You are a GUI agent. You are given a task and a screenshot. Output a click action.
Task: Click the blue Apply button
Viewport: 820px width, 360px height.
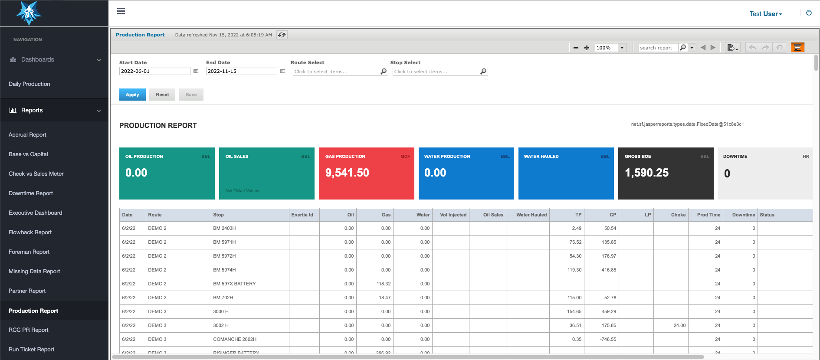pyautogui.click(x=132, y=95)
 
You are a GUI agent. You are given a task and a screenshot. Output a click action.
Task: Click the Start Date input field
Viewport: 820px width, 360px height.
pyautogui.click(x=154, y=71)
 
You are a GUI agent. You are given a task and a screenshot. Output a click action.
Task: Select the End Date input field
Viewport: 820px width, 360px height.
pyautogui.click(x=241, y=71)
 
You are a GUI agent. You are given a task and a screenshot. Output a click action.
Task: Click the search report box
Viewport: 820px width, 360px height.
pyautogui.click(x=657, y=48)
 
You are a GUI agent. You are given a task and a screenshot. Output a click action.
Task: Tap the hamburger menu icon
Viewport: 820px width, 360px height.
pyautogui.click(x=121, y=11)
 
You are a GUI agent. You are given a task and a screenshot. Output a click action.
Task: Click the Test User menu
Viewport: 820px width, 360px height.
pyautogui.click(x=765, y=14)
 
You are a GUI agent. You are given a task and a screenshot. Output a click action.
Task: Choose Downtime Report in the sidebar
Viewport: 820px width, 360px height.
pyautogui.click(x=31, y=193)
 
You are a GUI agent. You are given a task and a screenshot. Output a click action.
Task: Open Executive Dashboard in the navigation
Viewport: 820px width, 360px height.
pyautogui.click(x=36, y=213)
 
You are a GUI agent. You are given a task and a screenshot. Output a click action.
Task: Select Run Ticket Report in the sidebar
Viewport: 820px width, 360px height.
pyautogui.click(x=32, y=350)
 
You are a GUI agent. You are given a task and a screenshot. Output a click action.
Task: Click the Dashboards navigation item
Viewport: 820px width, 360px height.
pyautogui.click(x=38, y=60)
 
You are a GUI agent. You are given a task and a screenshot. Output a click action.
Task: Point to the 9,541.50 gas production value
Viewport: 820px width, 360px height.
pyautogui.click(x=347, y=173)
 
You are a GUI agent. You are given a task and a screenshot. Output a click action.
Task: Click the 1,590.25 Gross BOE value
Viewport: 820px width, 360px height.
pyautogui.click(x=646, y=173)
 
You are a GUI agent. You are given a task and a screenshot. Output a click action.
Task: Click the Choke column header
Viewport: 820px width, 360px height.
pyautogui.click(x=678, y=215)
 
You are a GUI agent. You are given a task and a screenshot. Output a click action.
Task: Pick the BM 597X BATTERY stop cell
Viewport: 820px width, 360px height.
pyautogui.click(x=234, y=284)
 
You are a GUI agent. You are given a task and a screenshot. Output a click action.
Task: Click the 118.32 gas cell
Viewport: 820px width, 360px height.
pyautogui.click(x=384, y=284)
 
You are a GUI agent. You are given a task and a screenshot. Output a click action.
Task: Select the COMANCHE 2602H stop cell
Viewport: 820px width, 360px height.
pyautogui.click(x=235, y=339)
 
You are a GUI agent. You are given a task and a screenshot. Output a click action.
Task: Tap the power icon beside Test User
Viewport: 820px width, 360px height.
pyautogui.click(x=809, y=13)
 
